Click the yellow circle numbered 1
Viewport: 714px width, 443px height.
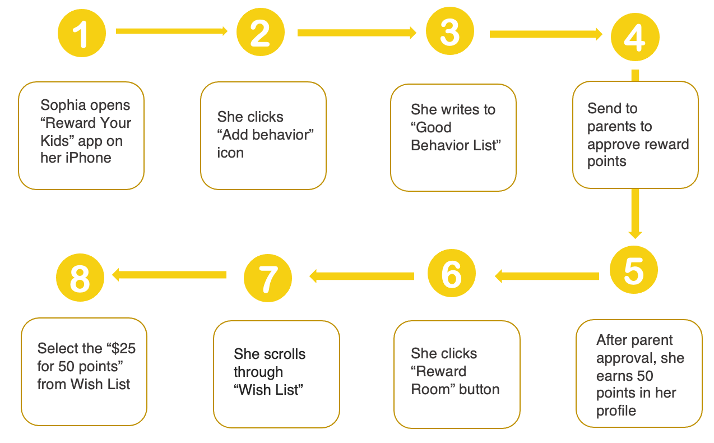click(x=82, y=33)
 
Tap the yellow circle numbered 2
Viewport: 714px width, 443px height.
click(x=261, y=32)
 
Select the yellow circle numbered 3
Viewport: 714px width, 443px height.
click(x=450, y=31)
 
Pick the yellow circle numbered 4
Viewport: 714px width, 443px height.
click(x=635, y=37)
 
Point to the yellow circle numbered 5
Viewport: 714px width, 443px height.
click(x=634, y=270)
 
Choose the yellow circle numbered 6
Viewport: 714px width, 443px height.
click(x=451, y=273)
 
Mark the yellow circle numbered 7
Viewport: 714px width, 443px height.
click(x=268, y=278)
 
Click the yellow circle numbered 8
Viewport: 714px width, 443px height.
click(x=80, y=278)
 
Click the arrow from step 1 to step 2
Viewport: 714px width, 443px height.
click(x=172, y=31)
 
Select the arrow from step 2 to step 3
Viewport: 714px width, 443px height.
click(x=357, y=33)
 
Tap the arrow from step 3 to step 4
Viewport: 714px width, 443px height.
click(x=546, y=34)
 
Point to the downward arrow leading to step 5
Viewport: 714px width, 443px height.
click(x=636, y=214)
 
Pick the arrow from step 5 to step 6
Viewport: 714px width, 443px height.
click(x=547, y=276)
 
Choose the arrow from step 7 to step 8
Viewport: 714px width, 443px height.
click(x=169, y=275)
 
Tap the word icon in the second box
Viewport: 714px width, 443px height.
click(x=230, y=153)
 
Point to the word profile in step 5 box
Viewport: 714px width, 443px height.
click(x=616, y=411)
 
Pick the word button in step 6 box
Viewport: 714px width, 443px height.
click(x=479, y=389)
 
